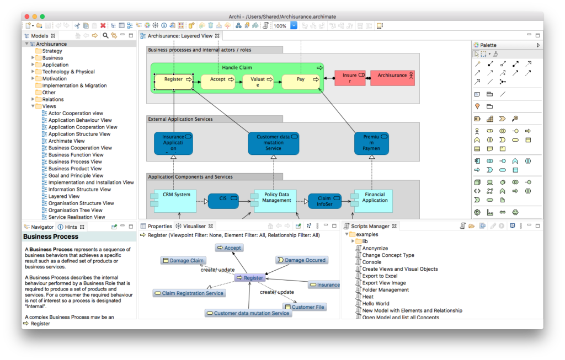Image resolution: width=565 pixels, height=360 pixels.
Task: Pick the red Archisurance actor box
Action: pyautogui.click(x=392, y=78)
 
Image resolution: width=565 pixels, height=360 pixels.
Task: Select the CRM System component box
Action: pyautogui.click(x=176, y=201)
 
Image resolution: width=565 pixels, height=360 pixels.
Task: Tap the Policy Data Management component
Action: pyautogui.click(x=276, y=201)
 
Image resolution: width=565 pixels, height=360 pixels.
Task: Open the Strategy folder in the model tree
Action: pyautogui.click(x=52, y=51)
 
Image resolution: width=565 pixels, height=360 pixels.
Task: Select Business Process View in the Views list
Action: pyautogui.click(x=75, y=162)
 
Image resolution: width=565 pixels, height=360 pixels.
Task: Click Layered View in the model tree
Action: pyautogui.click(x=64, y=196)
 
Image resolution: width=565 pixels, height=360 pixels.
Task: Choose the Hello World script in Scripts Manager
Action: pyautogui.click(x=375, y=303)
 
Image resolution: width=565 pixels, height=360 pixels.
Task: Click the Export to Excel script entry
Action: pyautogui.click(x=380, y=276)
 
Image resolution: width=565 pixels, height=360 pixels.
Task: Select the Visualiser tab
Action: pyautogui.click(x=194, y=226)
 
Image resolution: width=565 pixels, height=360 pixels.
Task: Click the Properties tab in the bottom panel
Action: pyautogui.click(x=159, y=226)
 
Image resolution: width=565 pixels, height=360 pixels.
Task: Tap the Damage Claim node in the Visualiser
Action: pyautogui.click(x=183, y=260)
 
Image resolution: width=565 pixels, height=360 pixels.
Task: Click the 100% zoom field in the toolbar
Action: pyautogui.click(x=280, y=26)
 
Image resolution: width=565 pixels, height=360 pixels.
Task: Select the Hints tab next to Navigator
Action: pyautogui.click(x=71, y=227)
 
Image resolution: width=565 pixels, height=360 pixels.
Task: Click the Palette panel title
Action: pyautogui.click(x=488, y=45)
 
